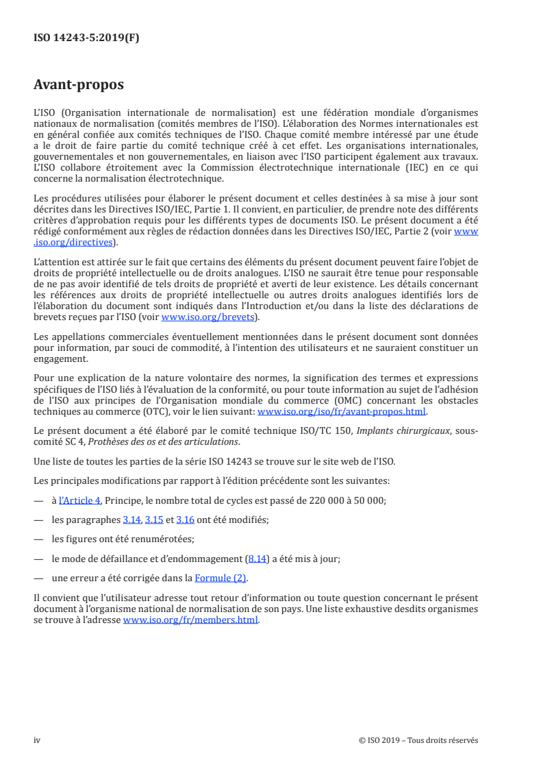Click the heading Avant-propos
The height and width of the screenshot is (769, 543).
[79, 85]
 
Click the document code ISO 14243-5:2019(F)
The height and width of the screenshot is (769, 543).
[86, 38]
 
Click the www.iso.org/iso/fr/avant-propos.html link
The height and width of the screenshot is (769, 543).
[341, 412]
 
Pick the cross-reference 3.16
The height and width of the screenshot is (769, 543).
[185, 520]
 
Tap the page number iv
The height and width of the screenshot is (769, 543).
[37, 740]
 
